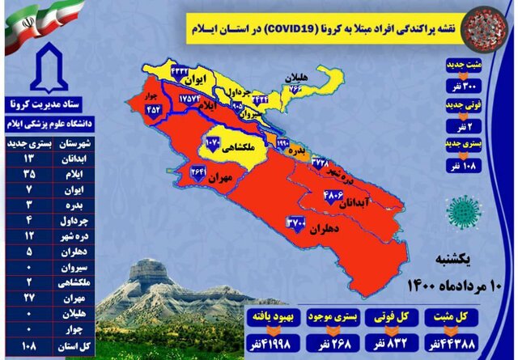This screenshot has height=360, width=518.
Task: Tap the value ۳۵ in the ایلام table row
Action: (30, 172)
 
